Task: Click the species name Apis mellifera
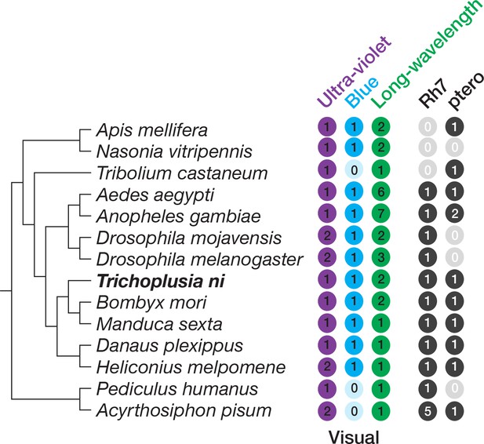click(x=151, y=130)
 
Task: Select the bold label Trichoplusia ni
click(x=161, y=282)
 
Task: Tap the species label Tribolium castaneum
click(x=182, y=173)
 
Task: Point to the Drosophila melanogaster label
click(x=200, y=260)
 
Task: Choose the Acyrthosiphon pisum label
click(x=184, y=411)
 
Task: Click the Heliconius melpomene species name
click(x=191, y=367)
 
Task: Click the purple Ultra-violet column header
click(x=355, y=71)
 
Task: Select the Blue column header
click(x=362, y=92)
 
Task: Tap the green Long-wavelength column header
click(x=426, y=54)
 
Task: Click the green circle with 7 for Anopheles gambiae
click(x=381, y=213)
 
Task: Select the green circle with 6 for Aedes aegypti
click(x=381, y=191)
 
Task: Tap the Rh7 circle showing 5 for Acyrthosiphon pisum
click(x=428, y=411)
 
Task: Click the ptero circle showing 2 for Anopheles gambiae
click(x=454, y=213)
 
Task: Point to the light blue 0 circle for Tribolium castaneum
click(x=354, y=169)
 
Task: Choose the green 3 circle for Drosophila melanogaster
click(x=381, y=257)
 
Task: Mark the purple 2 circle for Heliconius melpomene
click(x=327, y=367)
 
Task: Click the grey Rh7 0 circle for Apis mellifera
click(x=428, y=126)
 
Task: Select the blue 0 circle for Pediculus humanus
click(x=354, y=388)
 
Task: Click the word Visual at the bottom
click(x=354, y=437)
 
